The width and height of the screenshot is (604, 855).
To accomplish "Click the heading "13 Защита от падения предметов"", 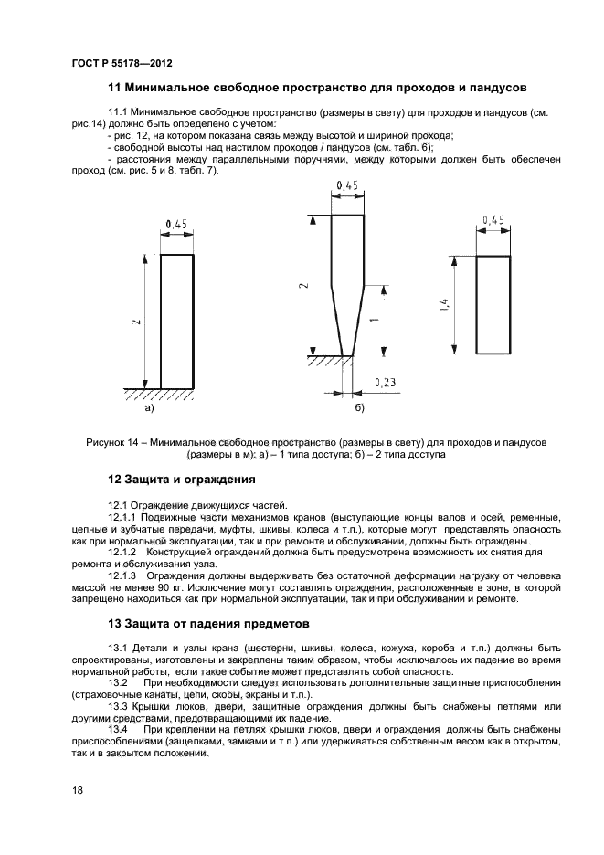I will pyautogui.click(x=208, y=624).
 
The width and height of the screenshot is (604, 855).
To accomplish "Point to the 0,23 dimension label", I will pyautogui.click(x=384, y=384).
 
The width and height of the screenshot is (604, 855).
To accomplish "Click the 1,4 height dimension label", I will pyautogui.click(x=443, y=306).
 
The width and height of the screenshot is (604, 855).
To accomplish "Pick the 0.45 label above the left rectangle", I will pyautogui.click(x=176, y=224).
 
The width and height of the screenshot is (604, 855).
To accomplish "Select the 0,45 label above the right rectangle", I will pyautogui.click(x=493, y=219).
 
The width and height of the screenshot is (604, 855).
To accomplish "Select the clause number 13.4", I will pyautogui.click(x=118, y=730).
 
